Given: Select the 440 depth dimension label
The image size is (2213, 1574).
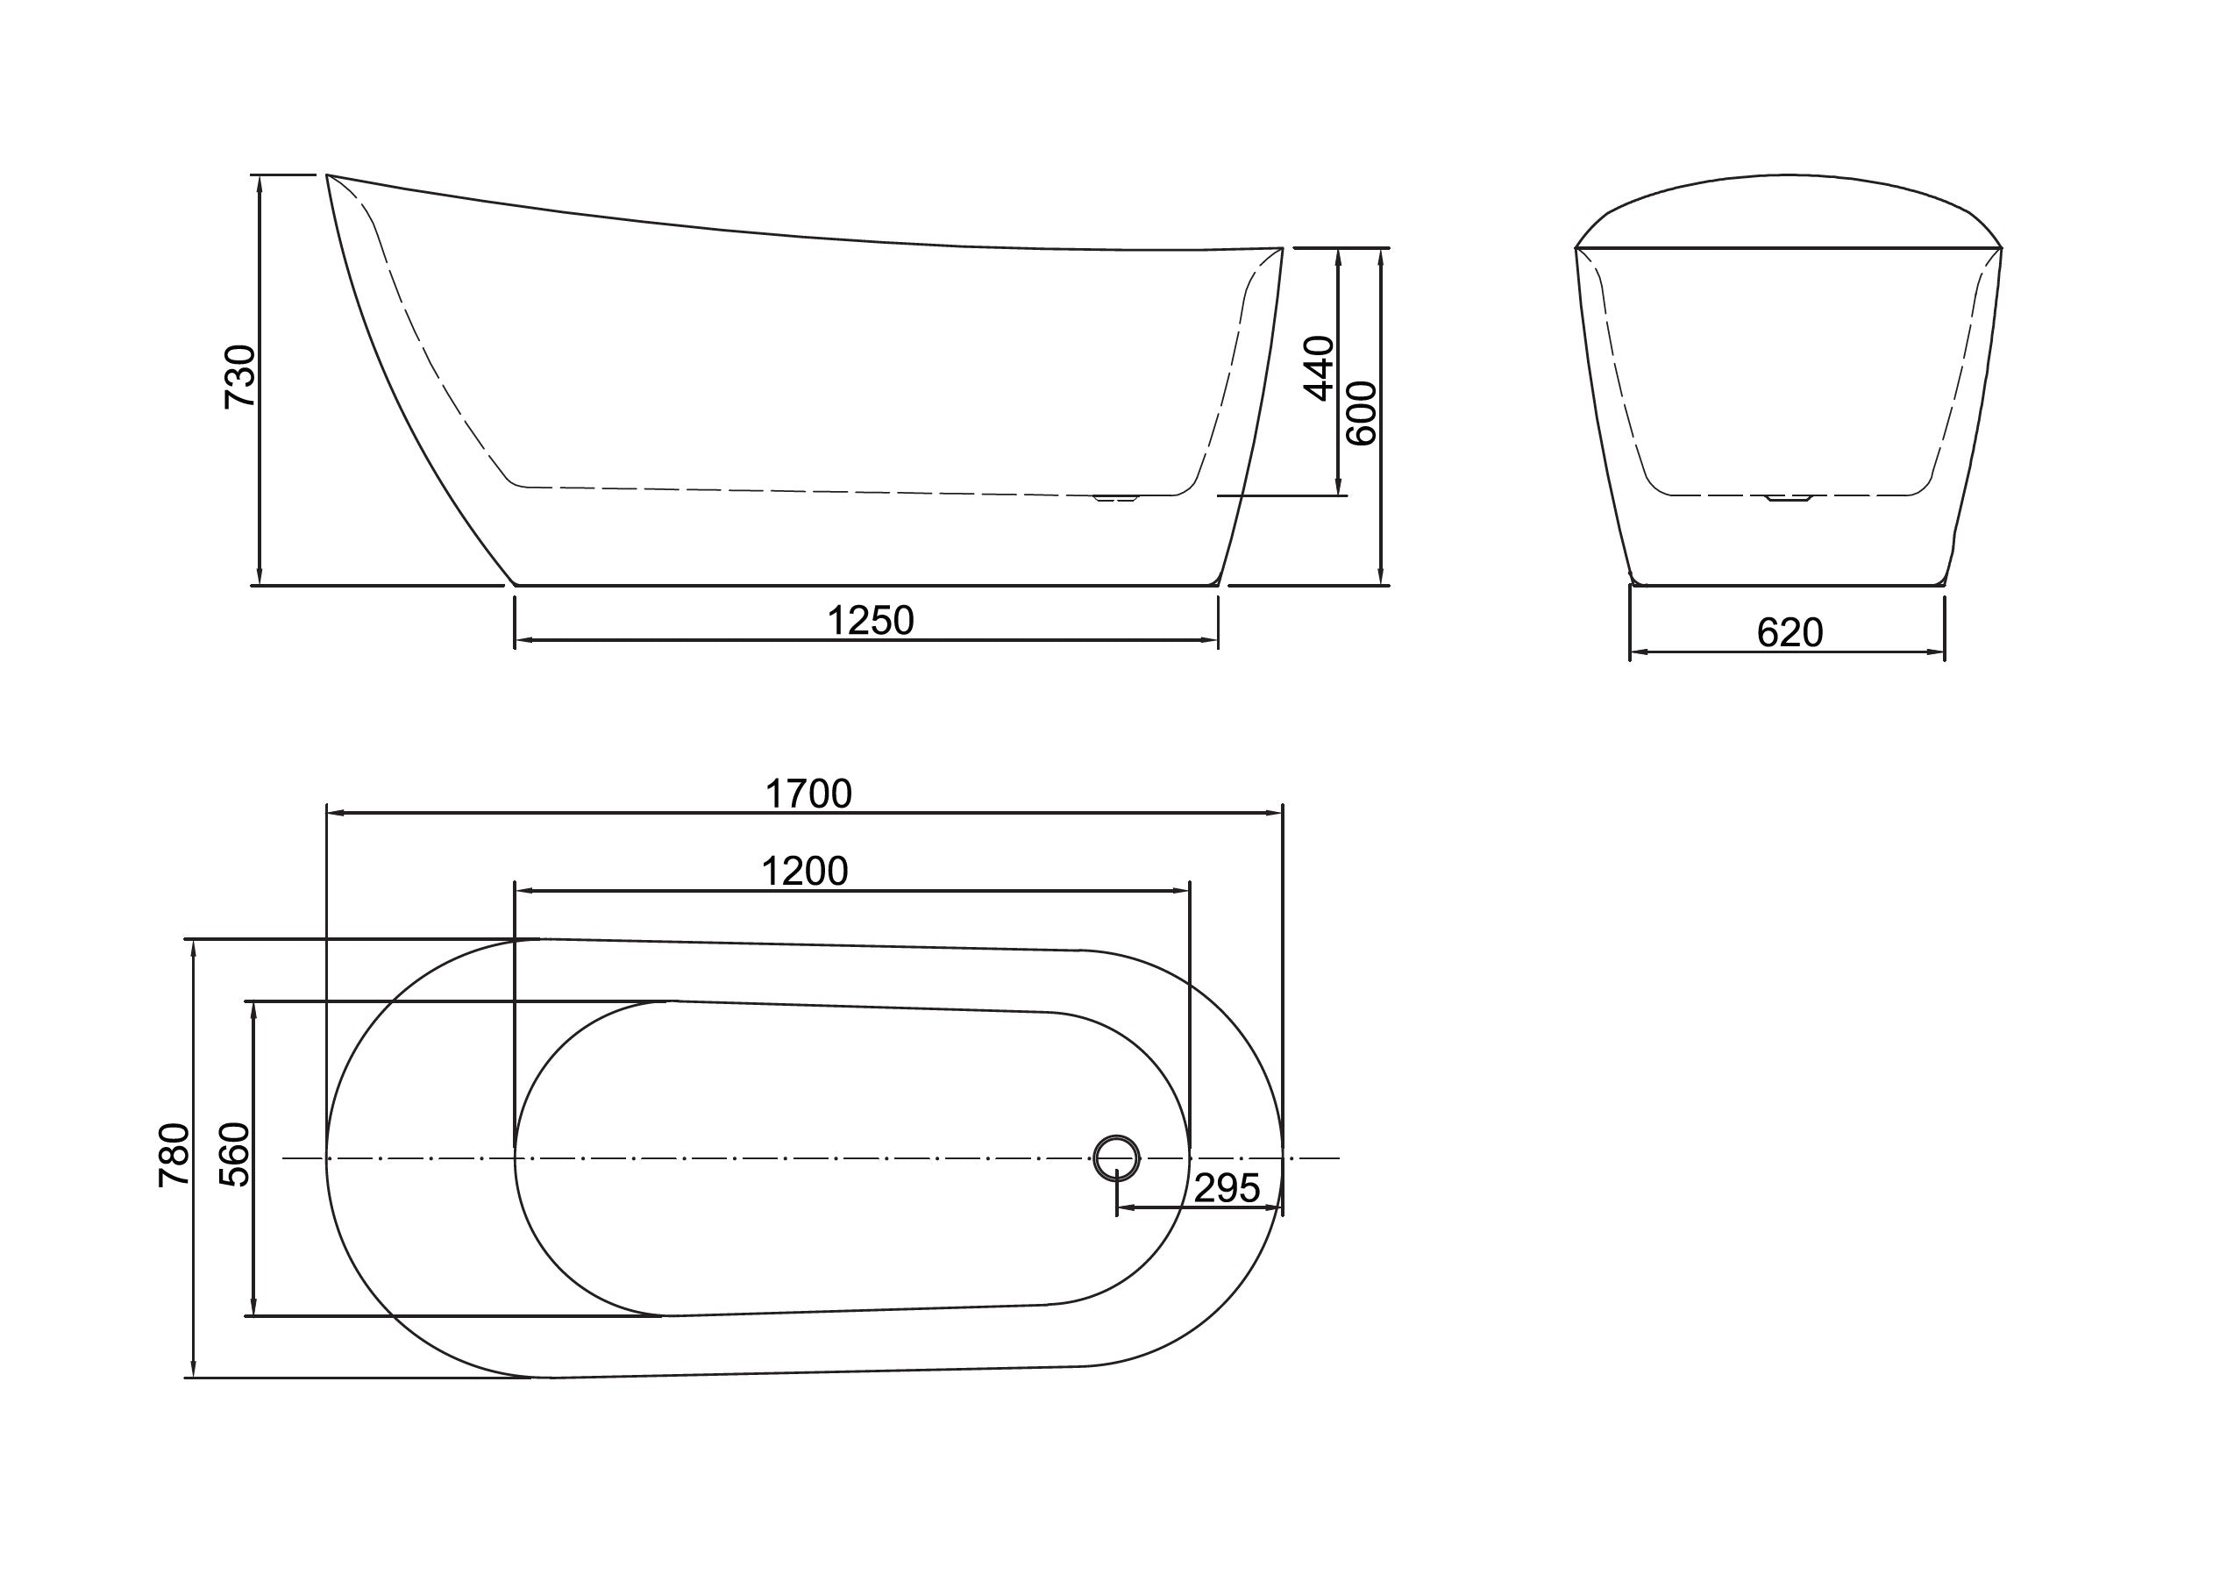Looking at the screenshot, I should pos(1319,368).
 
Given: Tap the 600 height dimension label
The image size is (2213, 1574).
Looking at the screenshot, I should pos(1363,413).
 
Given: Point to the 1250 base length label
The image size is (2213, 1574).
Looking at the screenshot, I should pos(870,621).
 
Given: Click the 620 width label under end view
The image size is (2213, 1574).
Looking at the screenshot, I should pos(1790,633).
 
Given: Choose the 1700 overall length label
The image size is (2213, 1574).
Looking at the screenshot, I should pos(808,794).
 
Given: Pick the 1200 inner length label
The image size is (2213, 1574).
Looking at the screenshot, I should pos(804,872).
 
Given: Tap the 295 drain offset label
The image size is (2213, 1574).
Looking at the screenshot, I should pos(1227,1188).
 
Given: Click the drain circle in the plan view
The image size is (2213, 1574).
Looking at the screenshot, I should pos(1116,1157).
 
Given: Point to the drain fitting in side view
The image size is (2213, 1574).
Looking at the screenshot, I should pos(1115,499).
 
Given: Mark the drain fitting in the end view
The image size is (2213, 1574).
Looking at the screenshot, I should pos(1788,499).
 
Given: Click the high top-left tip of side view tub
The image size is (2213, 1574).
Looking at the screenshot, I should pos(328,176).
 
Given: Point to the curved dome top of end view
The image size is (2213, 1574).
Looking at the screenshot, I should pos(1788,177).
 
